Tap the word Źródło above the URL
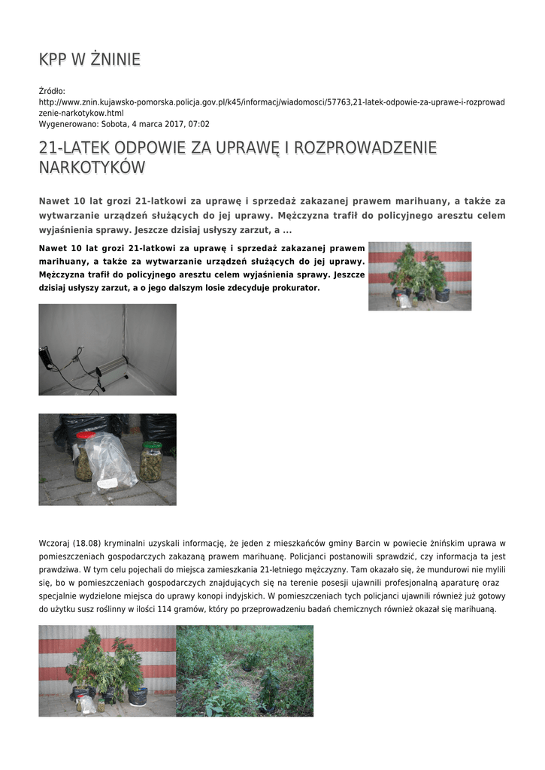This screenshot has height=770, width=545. (x=52, y=91)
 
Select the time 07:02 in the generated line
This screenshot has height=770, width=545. (x=198, y=124)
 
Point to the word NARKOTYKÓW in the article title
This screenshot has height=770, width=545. (x=92, y=168)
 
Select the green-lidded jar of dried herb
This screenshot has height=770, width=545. (x=151, y=462)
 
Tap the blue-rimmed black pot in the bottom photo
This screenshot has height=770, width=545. (x=138, y=696)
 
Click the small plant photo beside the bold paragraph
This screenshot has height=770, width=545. (x=419, y=276)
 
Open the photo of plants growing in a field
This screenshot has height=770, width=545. (x=244, y=671)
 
